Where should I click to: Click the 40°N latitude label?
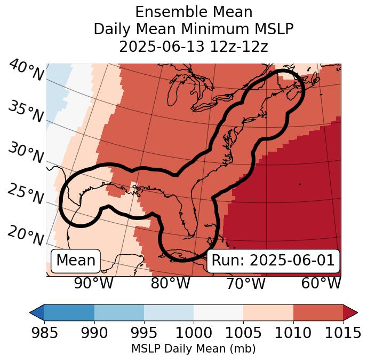tap(26, 71)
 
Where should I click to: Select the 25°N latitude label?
tap(26, 194)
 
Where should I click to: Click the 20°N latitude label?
tap(26, 235)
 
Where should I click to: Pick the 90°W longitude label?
tap(94, 284)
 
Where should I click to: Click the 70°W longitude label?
tap(245, 284)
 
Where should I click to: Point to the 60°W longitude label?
tap(321, 284)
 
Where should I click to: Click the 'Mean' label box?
tap(76, 261)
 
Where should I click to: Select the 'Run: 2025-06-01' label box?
tap(273, 261)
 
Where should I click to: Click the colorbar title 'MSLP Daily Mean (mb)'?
tap(193, 349)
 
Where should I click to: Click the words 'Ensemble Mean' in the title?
tap(193, 12)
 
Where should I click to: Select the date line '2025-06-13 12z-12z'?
tap(193, 46)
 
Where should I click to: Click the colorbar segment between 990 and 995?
tap(119, 312)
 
